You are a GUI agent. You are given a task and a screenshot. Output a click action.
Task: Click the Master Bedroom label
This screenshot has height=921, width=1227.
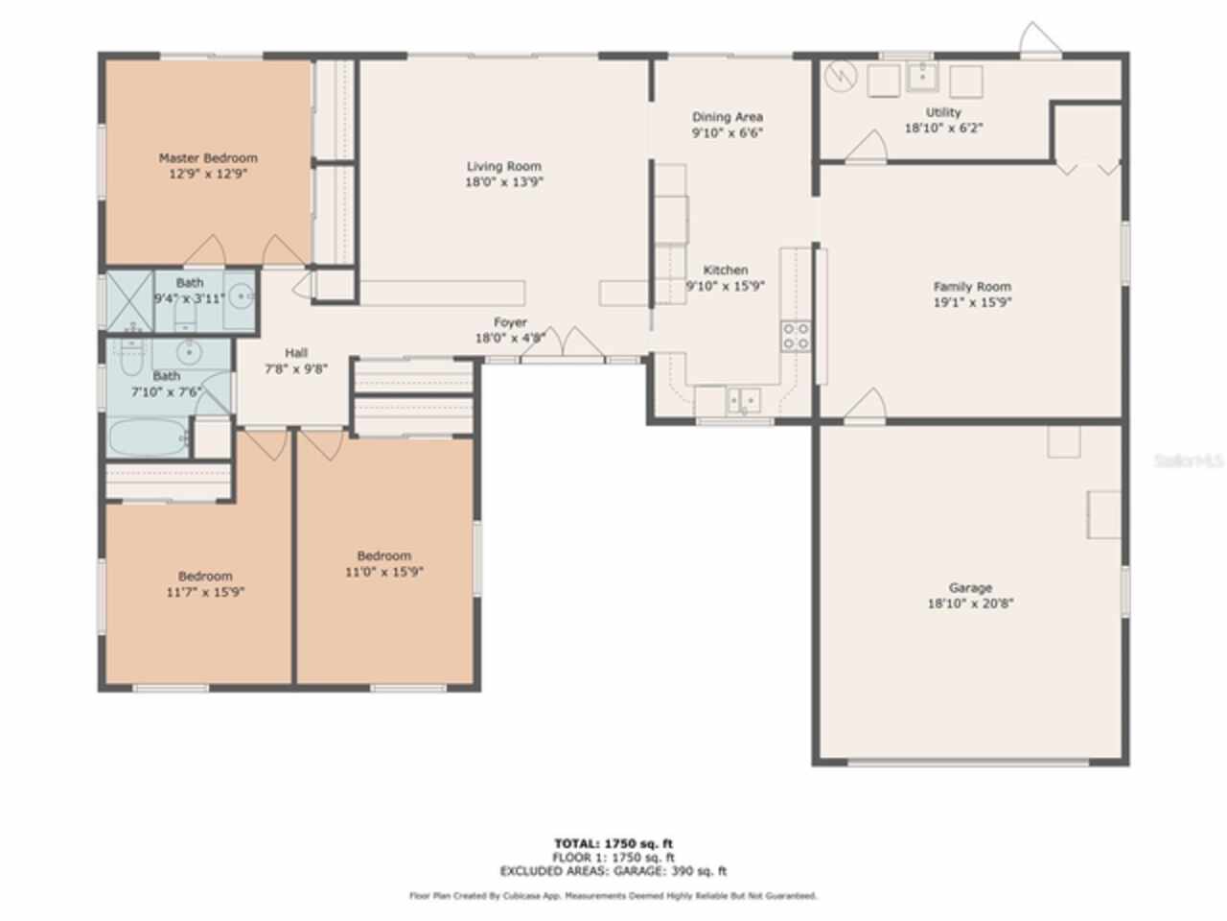tap(208, 158)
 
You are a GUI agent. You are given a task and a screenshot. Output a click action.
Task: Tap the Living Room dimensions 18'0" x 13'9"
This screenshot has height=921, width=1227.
tap(504, 181)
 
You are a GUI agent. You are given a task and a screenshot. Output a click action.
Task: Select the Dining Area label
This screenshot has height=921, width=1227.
tap(728, 117)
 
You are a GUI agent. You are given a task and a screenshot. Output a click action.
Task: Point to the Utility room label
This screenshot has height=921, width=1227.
tap(943, 112)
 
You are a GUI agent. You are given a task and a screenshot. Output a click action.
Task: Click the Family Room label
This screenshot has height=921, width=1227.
tap(972, 286)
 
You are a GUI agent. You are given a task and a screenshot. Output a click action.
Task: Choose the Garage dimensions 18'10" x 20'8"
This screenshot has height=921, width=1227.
tap(970, 604)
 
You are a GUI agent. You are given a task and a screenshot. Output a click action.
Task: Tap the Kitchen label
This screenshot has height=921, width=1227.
tap(726, 271)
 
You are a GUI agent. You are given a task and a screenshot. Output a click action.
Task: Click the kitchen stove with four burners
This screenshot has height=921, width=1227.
tap(796, 335)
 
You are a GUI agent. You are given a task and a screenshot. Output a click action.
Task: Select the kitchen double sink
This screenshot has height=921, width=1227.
tap(743, 398)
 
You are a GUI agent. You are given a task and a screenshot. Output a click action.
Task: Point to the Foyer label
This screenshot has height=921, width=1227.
tap(510, 322)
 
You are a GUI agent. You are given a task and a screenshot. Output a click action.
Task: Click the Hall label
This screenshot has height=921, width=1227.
tap(296, 353)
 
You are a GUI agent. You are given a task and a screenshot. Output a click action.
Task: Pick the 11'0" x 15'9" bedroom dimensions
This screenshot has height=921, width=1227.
tap(384, 572)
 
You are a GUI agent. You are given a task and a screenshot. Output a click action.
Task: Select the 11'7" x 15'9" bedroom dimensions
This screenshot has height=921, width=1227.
tap(205, 593)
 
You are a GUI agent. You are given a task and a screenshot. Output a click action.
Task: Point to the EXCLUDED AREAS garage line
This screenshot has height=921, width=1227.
tap(613, 872)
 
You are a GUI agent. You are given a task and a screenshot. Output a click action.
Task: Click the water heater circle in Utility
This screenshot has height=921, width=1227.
tap(841, 76)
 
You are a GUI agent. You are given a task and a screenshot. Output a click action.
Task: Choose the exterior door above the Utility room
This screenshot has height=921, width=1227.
tap(1040, 40)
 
